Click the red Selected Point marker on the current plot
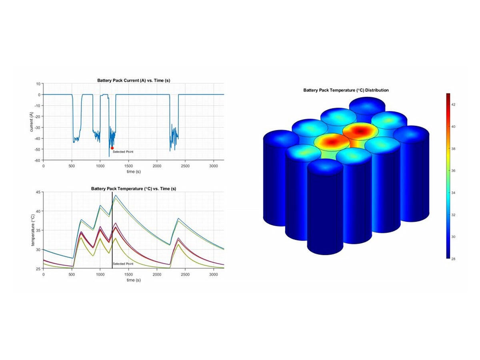(112, 148)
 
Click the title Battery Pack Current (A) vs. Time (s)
(134, 80)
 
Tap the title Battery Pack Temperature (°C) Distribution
(346, 90)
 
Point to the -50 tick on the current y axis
(38, 149)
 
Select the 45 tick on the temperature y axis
(39, 192)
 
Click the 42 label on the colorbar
(454, 104)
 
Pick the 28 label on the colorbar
(454, 259)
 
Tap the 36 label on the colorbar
(454, 170)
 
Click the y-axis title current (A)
(32, 122)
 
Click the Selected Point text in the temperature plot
(123, 264)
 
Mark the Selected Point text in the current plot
(123, 152)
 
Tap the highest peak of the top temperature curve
(116, 195)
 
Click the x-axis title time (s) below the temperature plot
(134, 280)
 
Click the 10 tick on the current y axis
(39, 84)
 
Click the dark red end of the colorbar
(448, 95)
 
